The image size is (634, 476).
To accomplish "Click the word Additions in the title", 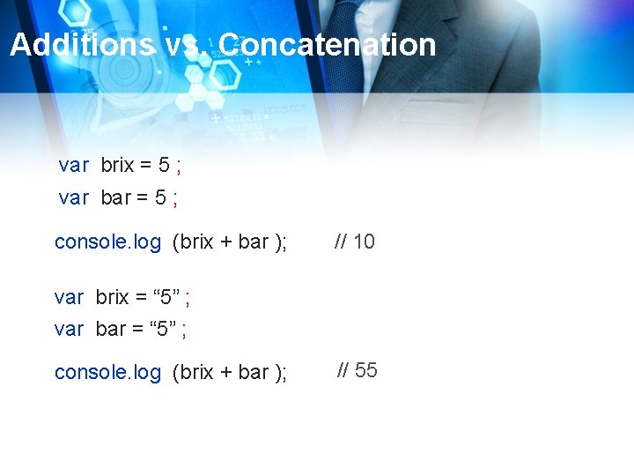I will (x=81, y=45).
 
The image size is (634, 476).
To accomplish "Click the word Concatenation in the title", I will (x=327, y=45).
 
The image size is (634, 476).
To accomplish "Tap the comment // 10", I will (x=354, y=242).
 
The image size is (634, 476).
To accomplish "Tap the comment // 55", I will (x=358, y=370).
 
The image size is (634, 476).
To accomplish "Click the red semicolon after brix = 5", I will (x=179, y=166).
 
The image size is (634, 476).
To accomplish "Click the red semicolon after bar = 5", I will (x=174, y=198).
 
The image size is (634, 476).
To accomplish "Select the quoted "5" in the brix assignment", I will (x=161, y=297).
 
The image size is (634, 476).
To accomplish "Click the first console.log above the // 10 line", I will (x=107, y=242).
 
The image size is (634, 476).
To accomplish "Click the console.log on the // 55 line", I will (x=107, y=372).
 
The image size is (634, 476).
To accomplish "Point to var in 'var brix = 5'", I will (x=74, y=165).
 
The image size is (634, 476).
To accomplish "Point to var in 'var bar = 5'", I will (x=74, y=197).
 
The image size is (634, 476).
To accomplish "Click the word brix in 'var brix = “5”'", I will (x=112, y=297).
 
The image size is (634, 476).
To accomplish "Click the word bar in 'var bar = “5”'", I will (x=111, y=330).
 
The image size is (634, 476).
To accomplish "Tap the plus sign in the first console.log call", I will (x=226, y=242).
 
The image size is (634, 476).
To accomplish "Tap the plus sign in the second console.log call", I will (x=226, y=372).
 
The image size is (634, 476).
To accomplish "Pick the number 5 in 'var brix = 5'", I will (x=164, y=165).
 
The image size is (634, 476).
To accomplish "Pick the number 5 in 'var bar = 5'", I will (x=160, y=197).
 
